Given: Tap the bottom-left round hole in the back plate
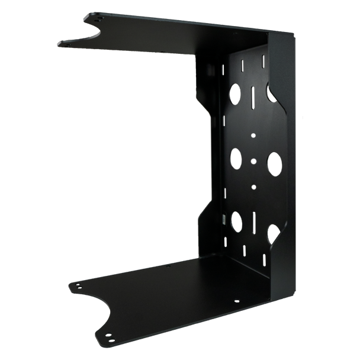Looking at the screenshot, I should point(236,220).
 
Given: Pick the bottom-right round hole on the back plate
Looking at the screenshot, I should point(273,233).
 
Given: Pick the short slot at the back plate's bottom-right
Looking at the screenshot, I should point(261,256).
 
